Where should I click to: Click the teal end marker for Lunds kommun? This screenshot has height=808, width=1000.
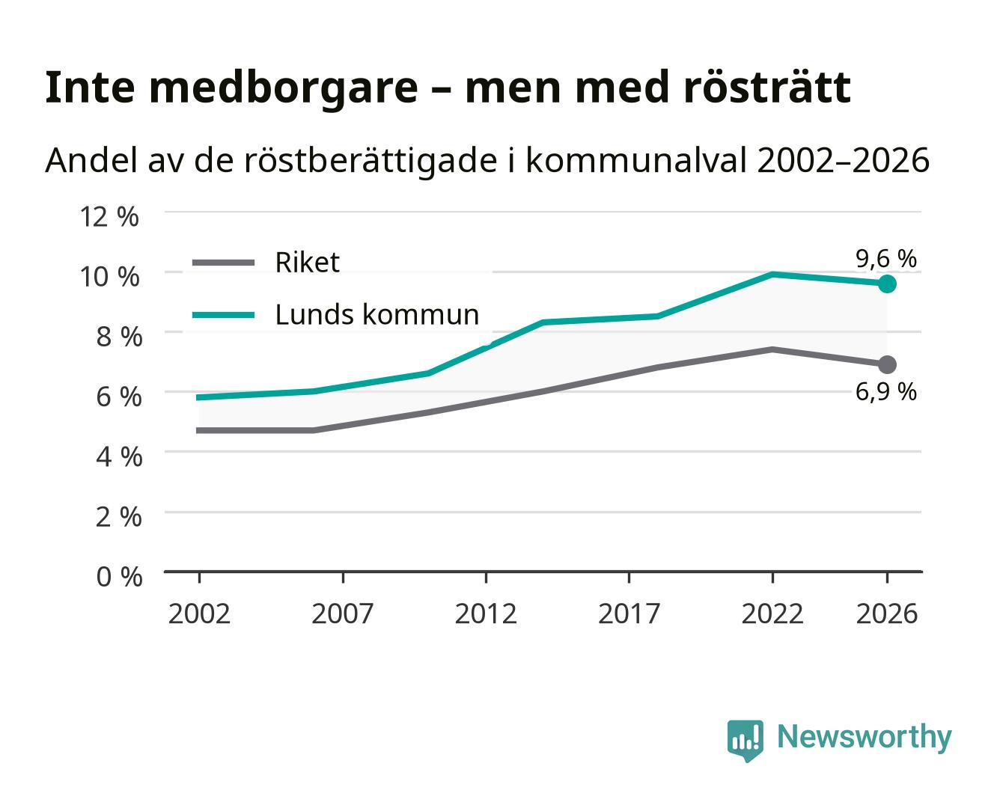887,284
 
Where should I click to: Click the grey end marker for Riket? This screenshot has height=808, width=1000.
887,364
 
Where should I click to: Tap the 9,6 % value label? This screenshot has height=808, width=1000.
886,259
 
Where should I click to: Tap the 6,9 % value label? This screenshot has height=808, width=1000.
886,392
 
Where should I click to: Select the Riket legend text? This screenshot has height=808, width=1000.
307,263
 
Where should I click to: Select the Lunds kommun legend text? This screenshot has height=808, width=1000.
377,314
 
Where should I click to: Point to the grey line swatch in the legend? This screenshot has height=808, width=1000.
224,263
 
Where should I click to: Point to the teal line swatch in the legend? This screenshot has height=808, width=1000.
224,315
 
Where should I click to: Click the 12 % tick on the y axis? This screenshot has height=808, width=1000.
109,217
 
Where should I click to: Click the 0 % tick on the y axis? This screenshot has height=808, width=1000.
119,577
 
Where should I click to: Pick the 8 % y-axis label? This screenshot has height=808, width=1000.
119,337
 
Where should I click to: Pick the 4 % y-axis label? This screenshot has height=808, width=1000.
119,456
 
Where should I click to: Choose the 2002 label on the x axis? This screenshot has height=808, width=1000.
200,613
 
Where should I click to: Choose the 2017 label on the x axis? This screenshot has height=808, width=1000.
629,613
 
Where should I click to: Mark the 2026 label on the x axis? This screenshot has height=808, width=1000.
887,613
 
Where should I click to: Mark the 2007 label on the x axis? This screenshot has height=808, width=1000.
343,613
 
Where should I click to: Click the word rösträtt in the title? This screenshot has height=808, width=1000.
766,88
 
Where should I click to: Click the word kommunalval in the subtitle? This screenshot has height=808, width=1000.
635,160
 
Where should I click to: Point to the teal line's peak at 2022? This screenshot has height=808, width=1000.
772,274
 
